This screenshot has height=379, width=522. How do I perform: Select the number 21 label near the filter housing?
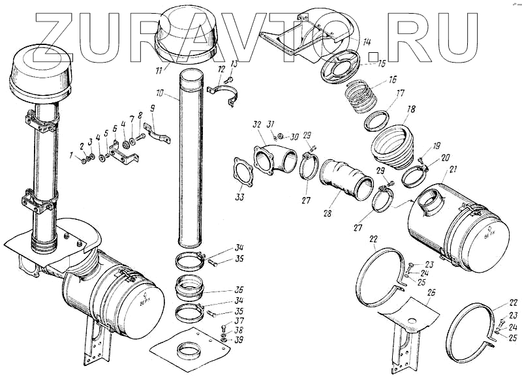click(x=453, y=171)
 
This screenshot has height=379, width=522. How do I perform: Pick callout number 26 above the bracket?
click(x=431, y=293)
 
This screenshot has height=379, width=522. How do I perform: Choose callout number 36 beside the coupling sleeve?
click(x=240, y=290)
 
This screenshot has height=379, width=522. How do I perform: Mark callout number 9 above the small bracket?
click(x=152, y=108)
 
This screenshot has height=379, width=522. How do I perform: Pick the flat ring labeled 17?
click(x=378, y=121)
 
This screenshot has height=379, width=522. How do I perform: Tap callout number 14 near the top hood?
click(x=367, y=42)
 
